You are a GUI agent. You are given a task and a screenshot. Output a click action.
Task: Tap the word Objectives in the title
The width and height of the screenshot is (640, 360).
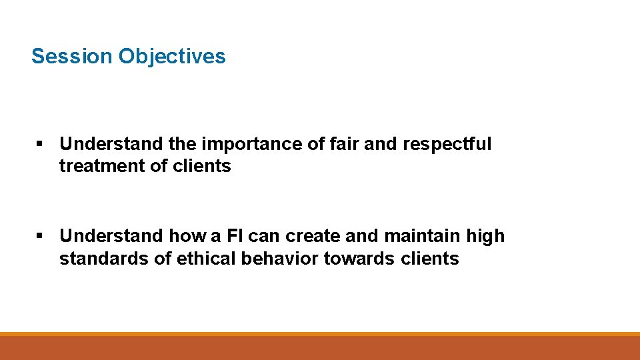click(x=172, y=56)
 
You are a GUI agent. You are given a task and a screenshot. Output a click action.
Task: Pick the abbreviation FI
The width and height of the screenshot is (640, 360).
click(x=255, y=236)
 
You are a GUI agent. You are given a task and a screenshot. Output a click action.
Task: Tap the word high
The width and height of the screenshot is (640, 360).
click(x=489, y=236)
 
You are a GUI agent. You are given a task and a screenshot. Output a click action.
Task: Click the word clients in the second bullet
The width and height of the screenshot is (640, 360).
click(x=430, y=258)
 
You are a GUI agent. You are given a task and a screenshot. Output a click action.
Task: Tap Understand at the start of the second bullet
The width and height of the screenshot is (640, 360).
click(x=111, y=236)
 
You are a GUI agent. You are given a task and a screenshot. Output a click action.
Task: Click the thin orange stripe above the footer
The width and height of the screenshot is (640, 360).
click(x=320, y=333)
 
